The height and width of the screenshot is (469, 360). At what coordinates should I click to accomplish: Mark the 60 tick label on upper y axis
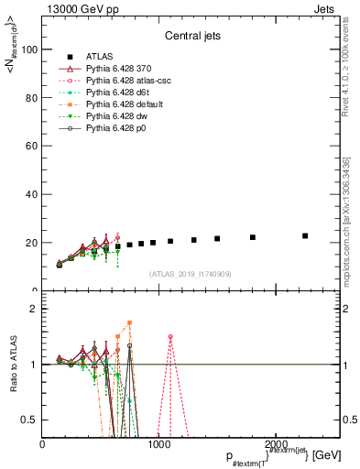point(33,147)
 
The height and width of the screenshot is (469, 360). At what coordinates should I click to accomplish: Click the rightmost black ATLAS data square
point(305,235)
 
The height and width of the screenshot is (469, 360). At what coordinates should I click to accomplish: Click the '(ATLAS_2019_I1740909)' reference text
point(190,273)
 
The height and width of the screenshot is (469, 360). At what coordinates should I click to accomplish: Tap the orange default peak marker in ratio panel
point(130,322)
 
